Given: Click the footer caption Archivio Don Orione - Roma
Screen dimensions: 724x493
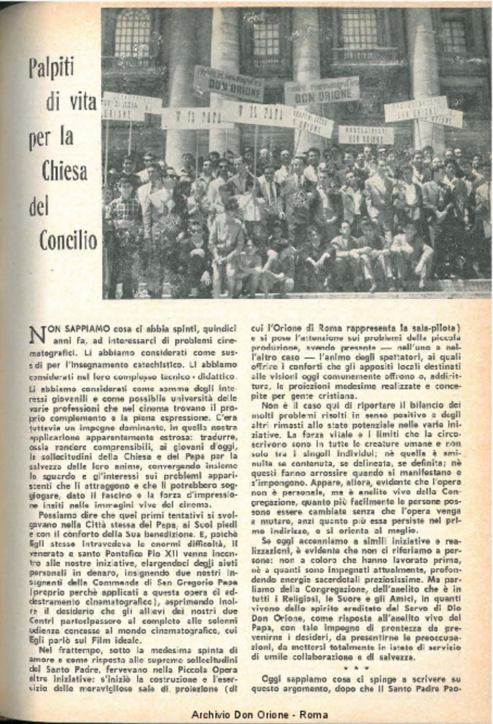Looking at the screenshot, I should [260, 714].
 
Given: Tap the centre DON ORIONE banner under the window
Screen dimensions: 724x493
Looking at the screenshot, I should [323, 91].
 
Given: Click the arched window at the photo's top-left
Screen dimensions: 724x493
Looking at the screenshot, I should [132, 33].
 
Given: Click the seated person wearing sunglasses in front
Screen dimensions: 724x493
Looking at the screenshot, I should [196, 249].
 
